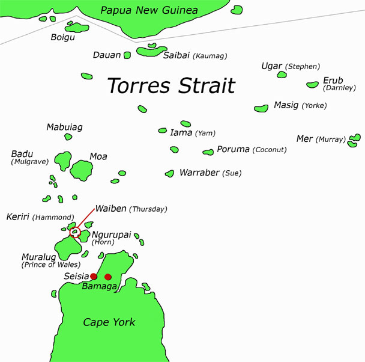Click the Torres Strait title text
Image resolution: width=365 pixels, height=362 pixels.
(x=170, y=85)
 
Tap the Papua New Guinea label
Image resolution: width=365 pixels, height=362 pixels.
(x=149, y=10)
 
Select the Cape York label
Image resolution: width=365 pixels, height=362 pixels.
(x=109, y=322)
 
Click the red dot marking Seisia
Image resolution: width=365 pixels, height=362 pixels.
(x=94, y=277)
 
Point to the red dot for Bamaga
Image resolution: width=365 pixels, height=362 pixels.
(x=108, y=277)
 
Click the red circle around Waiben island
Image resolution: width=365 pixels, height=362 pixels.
(x=74, y=232)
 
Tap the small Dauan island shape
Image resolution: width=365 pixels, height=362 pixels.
(x=127, y=55)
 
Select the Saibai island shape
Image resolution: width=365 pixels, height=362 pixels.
(x=151, y=52)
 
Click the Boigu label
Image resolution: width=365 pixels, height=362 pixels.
(x=63, y=37)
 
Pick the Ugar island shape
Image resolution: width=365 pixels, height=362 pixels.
(x=282, y=75)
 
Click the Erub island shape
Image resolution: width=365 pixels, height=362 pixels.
(x=312, y=85)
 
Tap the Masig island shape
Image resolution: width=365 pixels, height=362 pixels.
(x=261, y=108)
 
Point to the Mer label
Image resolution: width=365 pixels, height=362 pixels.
(x=304, y=139)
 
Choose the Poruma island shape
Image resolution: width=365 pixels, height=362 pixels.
(x=208, y=152)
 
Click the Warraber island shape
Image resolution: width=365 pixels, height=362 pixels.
(x=170, y=173)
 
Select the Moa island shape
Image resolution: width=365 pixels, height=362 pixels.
(x=81, y=170)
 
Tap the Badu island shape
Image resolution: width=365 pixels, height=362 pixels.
(x=62, y=161)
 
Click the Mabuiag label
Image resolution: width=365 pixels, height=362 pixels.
(x=64, y=127)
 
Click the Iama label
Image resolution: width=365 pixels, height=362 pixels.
(x=181, y=133)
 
